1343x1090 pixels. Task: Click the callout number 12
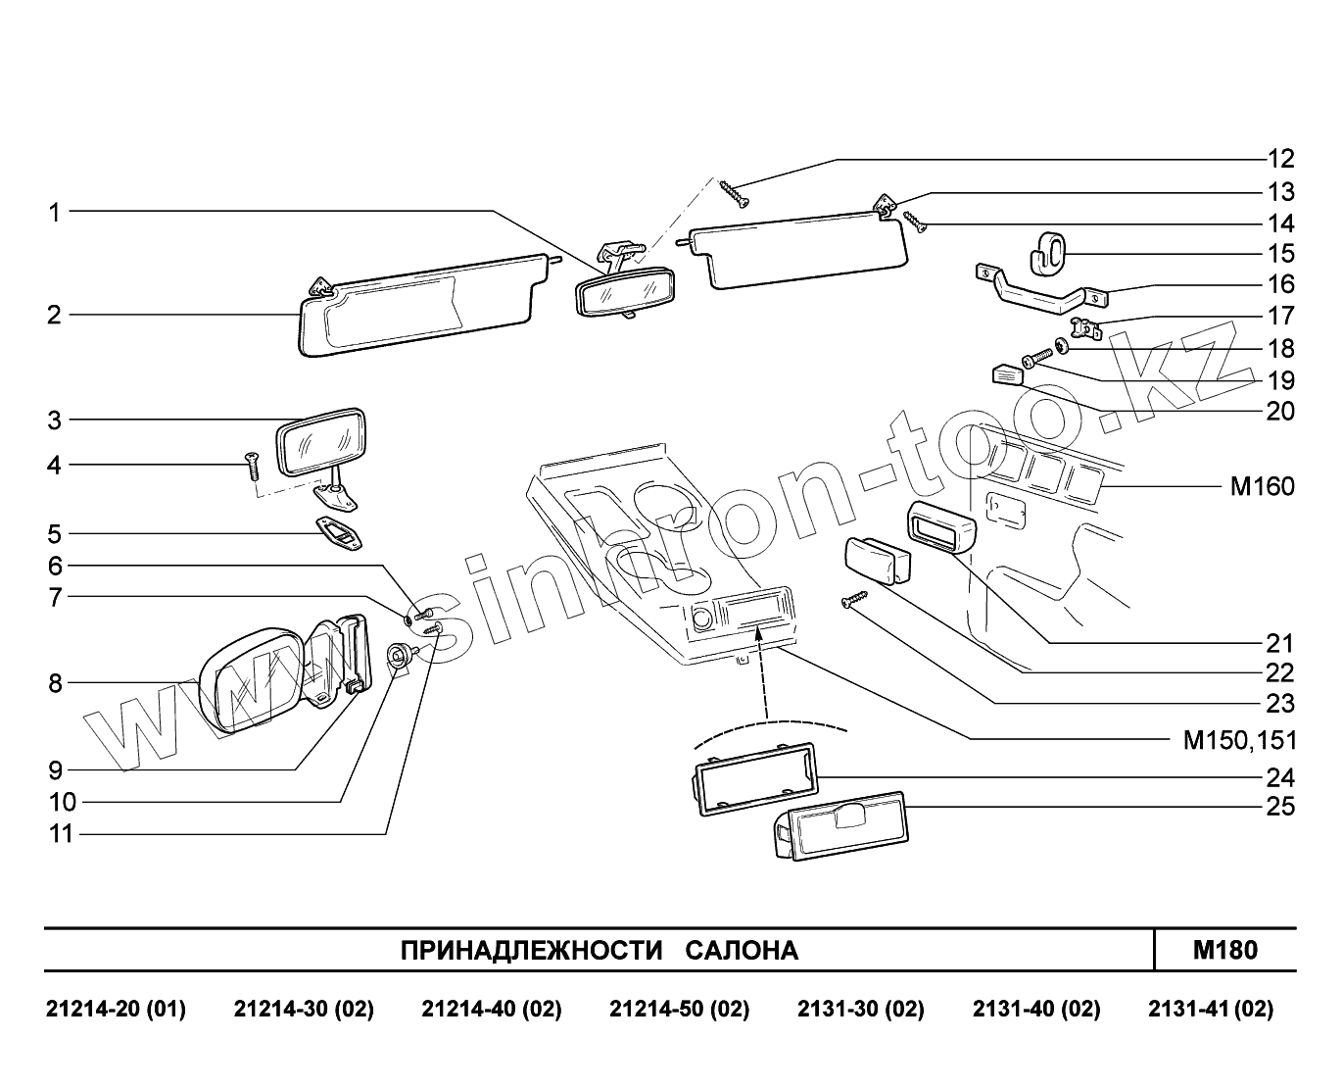click(x=1280, y=159)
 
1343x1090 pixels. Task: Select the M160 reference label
click(x=1262, y=486)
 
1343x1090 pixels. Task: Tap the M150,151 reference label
click(x=1239, y=740)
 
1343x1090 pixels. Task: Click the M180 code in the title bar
click(x=1225, y=949)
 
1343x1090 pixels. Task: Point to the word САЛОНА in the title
click(x=742, y=951)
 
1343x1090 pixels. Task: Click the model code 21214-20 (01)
click(x=116, y=1010)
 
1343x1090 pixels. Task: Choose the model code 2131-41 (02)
click(x=1211, y=1010)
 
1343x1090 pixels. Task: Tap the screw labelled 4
click(x=252, y=465)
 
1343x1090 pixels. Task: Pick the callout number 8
click(x=56, y=683)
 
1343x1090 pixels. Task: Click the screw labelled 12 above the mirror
click(x=733, y=193)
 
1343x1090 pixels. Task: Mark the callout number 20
click(x=1280, y=411)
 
